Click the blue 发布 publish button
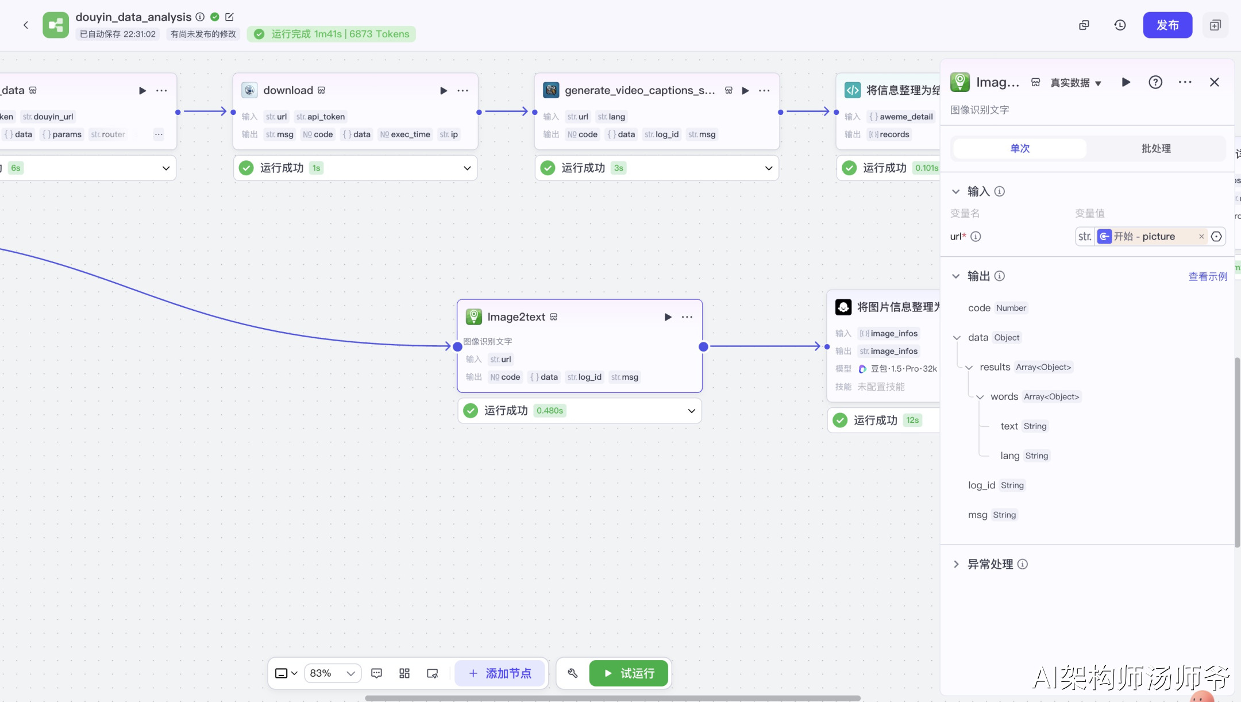click(1167, 25)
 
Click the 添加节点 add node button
click(500, 673)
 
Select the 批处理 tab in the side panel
click(1155, 148)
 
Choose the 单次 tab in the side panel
click(1020, 148)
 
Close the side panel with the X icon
click(1214, 82)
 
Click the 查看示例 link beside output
click(1208, 276)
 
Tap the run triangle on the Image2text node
click(668, 317)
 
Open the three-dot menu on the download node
click(463, 91)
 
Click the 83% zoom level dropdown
click(333, 673)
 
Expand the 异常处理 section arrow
click(956, 564)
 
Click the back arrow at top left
click(26, 25)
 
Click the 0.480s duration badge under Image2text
click(549, 411)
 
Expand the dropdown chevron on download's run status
click(467, 168)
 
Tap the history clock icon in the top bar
click(1120, 25)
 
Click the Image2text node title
click(516, 317)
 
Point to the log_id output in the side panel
click(981, 485)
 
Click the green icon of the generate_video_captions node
click(551, 90)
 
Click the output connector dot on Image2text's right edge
click(703, 347)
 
